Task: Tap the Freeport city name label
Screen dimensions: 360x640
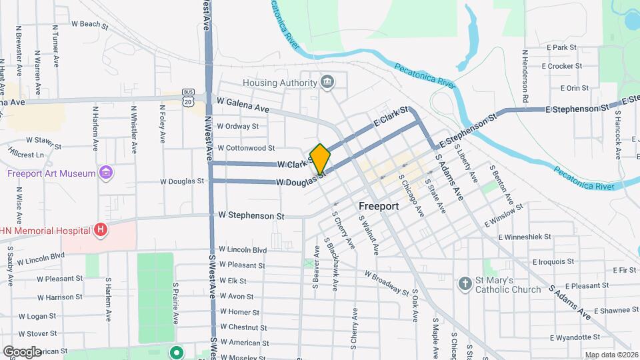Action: (x=379, y=206)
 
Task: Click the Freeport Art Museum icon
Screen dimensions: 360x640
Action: (x=105, y=173)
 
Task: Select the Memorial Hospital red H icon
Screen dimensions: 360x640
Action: (x=101, y=231)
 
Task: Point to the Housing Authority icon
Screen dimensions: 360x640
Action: (x=327, y=83)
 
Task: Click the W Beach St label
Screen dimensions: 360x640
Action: (x=89, y=23)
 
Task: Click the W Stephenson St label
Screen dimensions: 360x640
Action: (x=251, y=216)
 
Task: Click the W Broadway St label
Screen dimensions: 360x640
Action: (x=386, y=282)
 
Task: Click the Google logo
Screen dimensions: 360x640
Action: (x=22, y=351)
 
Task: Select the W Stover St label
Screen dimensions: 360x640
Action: (x=37, y=333)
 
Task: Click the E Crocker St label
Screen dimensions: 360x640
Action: (x=561, y=66)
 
